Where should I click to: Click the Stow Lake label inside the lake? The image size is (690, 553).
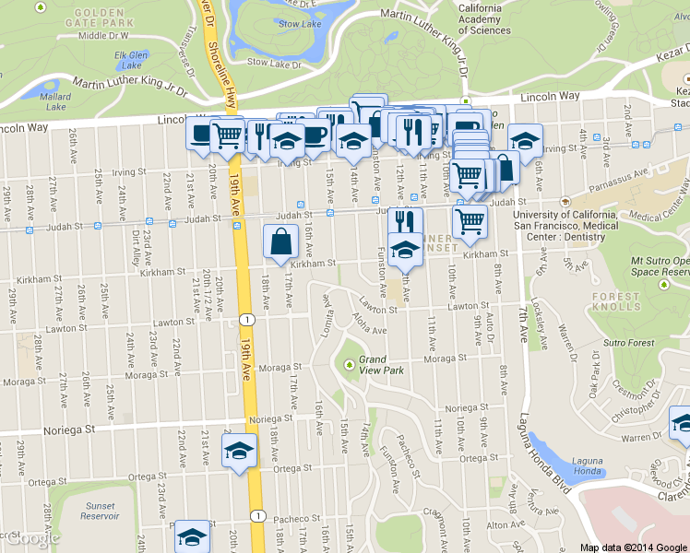(x=301, y=24)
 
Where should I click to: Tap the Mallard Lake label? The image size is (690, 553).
(x=55, y=100)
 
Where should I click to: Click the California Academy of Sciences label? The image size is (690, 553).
(x=484, y=18)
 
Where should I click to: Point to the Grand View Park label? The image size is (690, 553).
(x=382, y=364)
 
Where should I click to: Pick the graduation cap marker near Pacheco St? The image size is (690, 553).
(x=193, y=536)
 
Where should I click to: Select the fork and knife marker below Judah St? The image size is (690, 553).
(x=404, y=222)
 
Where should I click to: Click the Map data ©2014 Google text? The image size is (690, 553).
(x=633, y=547)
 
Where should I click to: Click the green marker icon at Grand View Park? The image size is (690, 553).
(x=350, y=364)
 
